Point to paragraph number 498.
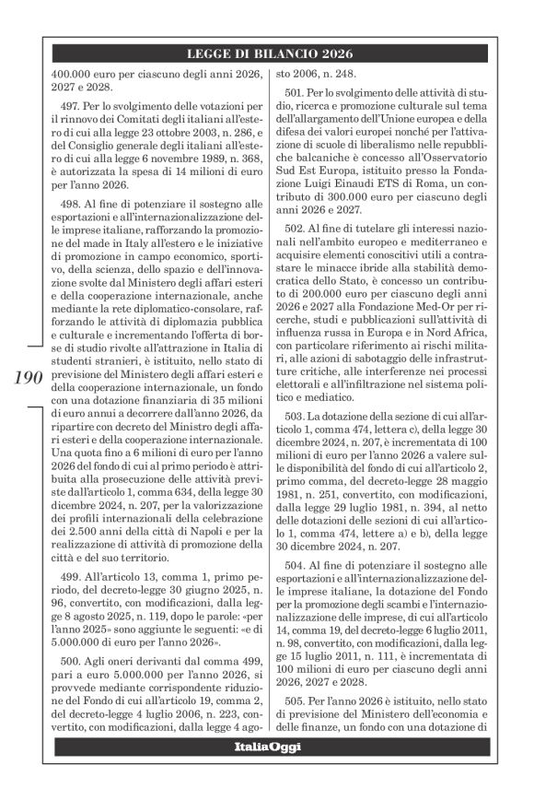75,200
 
